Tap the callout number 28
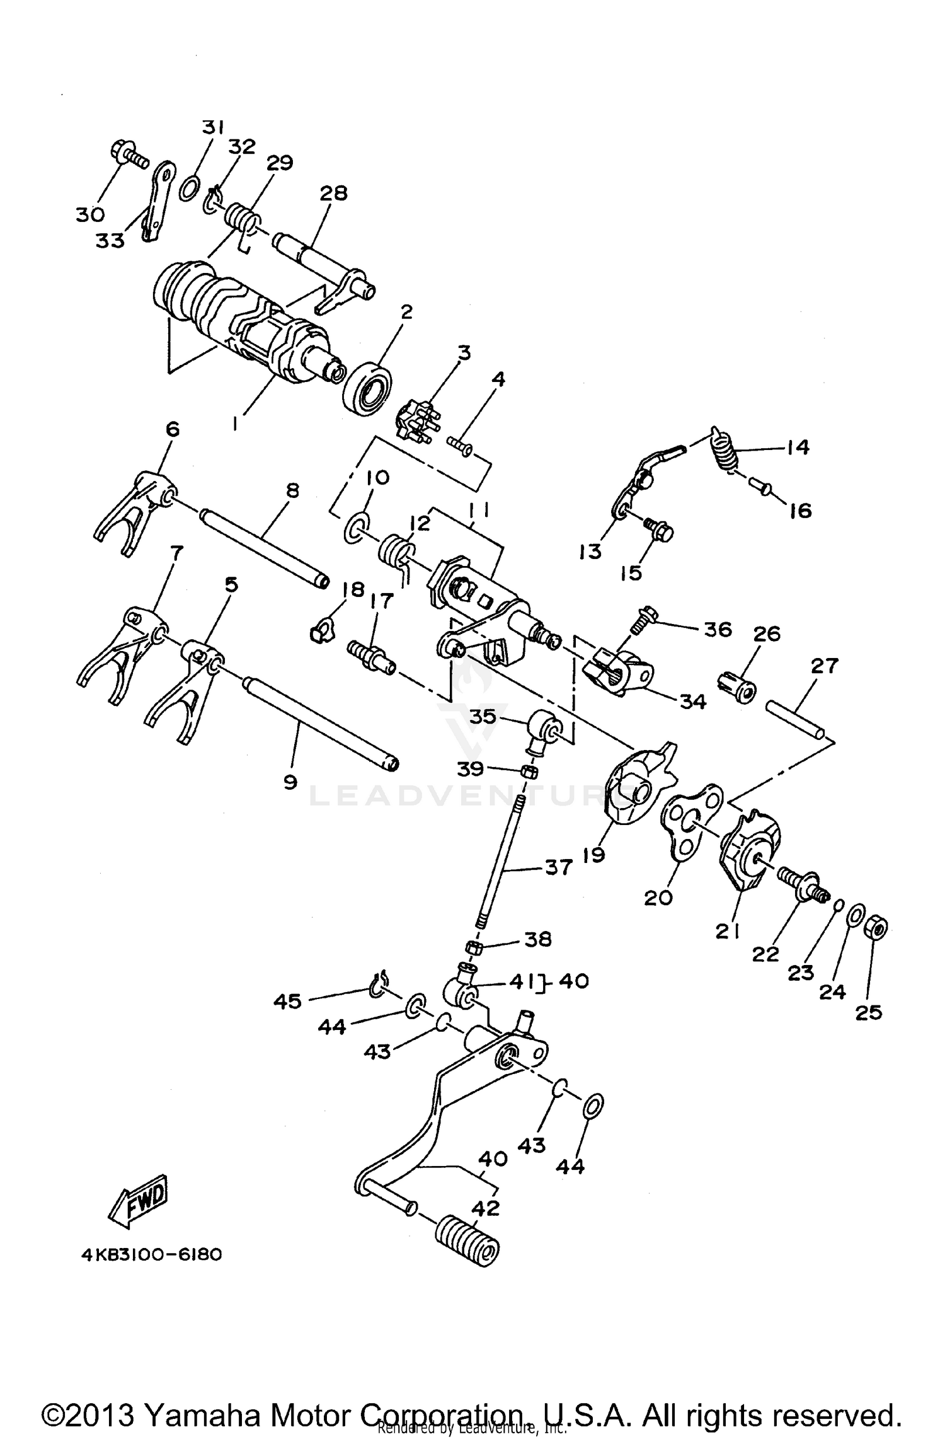(x=333, y=193)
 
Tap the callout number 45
(x=287, y=1001)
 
